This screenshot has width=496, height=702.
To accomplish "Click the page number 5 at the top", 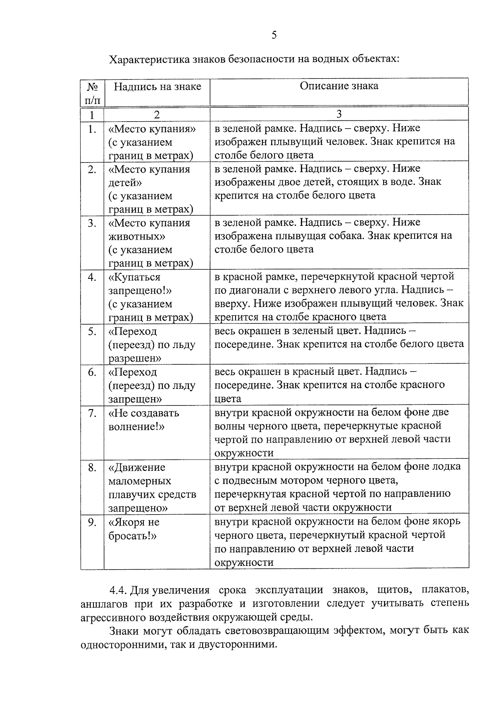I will coord(274,35).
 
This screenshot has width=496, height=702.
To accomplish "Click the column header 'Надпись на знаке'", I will coord(157,86).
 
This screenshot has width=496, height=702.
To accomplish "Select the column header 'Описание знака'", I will coord(339,86).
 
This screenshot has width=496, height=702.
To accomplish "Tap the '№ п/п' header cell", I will coord(92,93).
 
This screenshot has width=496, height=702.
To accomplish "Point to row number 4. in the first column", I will coord(92,277).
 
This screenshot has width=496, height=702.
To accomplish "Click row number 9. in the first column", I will coord(92,522).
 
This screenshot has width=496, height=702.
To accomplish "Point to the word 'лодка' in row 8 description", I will coord(448,467).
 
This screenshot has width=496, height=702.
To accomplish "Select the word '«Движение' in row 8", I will coord(137,467).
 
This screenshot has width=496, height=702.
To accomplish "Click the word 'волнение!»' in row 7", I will coord(136,426).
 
